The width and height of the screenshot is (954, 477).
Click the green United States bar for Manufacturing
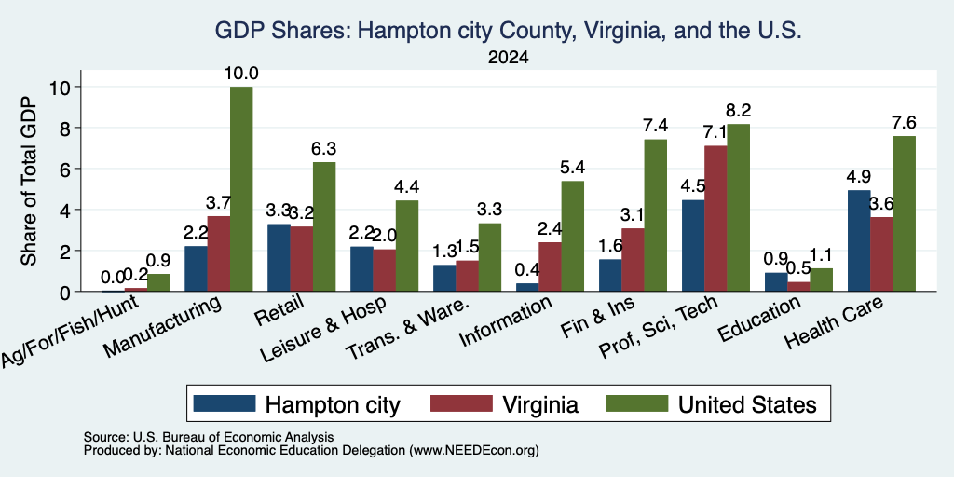click(241, 189)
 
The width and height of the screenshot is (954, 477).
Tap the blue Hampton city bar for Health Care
click(859, 241)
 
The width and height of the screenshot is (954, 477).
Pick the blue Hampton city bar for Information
click(527, 287)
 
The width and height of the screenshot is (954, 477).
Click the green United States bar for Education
click(821, 279)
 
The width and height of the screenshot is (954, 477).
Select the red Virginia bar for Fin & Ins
click(633, 260)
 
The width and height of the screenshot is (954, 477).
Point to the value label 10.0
click(241, 74)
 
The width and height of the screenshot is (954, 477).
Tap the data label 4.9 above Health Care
click(858, 176)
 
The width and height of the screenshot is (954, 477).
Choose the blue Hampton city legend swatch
click(225, 403)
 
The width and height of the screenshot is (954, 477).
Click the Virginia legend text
click(540, 404)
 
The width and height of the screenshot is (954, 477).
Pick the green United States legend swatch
click(636, 403)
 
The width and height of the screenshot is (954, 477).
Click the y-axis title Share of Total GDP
click(29, 181)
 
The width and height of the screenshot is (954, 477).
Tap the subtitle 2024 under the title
click(508, 58)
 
